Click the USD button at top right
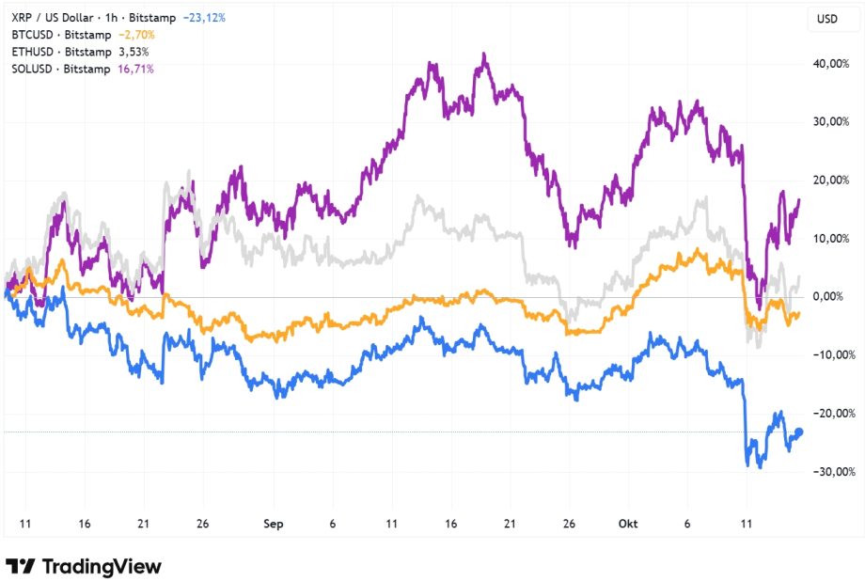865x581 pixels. point(827,19)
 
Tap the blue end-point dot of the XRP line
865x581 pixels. point(799,432)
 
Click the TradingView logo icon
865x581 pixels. point(21,566)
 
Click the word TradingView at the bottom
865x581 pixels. point(102,566)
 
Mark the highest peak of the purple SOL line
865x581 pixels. point(483,55)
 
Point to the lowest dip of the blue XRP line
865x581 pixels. point(760,467)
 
